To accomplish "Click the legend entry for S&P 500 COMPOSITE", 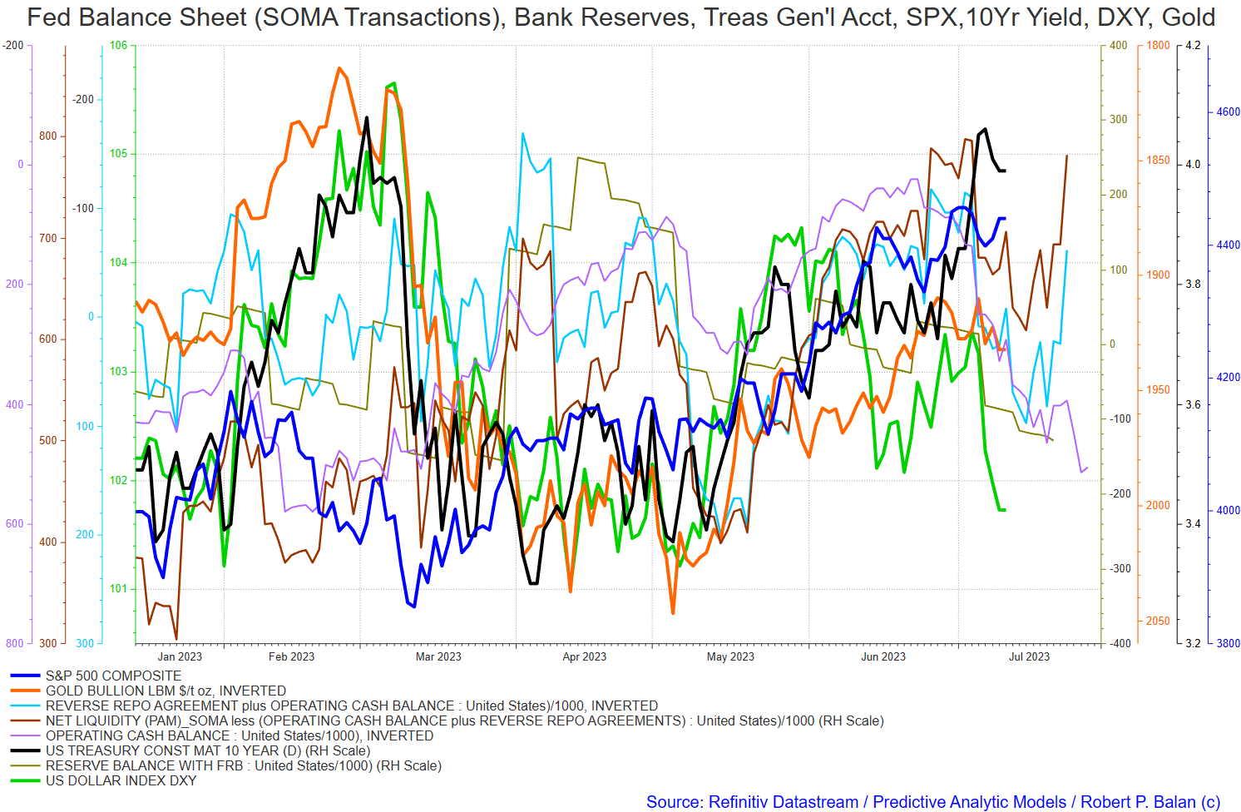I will (113, 676).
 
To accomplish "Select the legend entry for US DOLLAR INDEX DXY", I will (121, 781).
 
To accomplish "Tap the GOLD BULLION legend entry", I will (166, 691).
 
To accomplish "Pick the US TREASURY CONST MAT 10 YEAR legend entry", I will (207, 751).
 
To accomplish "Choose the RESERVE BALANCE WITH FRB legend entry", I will (243, 766).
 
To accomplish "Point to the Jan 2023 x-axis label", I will (180, 657).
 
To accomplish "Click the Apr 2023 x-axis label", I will (584, 657).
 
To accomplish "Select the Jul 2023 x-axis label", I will (1029, 657).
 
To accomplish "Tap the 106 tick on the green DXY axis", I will (119, 46).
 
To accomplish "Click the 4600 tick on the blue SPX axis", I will (1228, 112).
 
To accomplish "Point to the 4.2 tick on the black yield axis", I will (1193, 46).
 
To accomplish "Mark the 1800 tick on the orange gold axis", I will (1158, 46).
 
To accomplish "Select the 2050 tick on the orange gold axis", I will (1158, 621).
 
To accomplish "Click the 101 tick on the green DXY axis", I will (119, 589).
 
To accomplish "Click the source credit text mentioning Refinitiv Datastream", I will (932, 802).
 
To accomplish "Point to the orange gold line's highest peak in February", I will (339, 68).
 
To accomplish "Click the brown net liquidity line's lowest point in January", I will (176, 639).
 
